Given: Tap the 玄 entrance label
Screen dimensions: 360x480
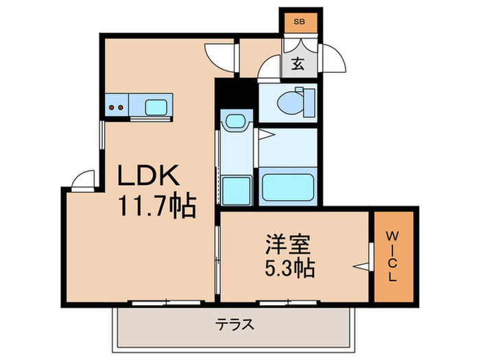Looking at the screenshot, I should click(x=298, y=64).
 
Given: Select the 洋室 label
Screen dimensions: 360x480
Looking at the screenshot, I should click(x=287, y=245).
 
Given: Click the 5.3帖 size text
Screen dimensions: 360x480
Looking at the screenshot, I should click(x=288, y=268).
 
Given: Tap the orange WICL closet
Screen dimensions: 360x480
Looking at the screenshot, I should click(x=394, y=256).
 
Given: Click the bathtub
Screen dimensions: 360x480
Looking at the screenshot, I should click(x=289, y=187).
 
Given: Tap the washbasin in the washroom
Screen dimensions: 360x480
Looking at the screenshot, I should click(x=233, y=122).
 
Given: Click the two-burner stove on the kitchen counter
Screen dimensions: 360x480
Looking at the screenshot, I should click(x=117, y=106).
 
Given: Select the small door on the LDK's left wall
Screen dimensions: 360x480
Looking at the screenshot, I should click(x=82, y=180).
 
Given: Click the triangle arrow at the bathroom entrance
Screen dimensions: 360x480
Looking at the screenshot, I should click(x=263, y=136).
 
